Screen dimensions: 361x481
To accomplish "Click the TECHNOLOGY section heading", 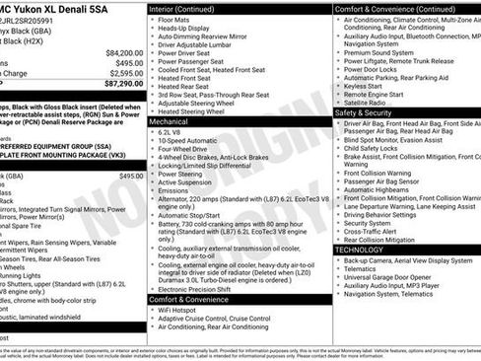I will coord(359,250).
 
